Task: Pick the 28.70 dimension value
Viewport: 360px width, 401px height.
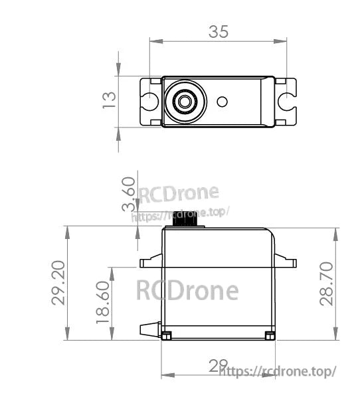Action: (x=327, y=283)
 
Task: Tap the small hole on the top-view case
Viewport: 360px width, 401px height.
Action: (x=223, y=102)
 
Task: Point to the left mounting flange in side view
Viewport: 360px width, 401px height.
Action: (x=150, y=263)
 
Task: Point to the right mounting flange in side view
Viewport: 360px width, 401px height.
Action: (x=286, y=263)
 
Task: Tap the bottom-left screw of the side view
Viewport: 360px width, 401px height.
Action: (x=167, y=335)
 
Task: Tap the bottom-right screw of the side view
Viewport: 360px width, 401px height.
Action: (x=269, y=335)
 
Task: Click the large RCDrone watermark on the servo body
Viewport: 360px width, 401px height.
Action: (x=187, y=290)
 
